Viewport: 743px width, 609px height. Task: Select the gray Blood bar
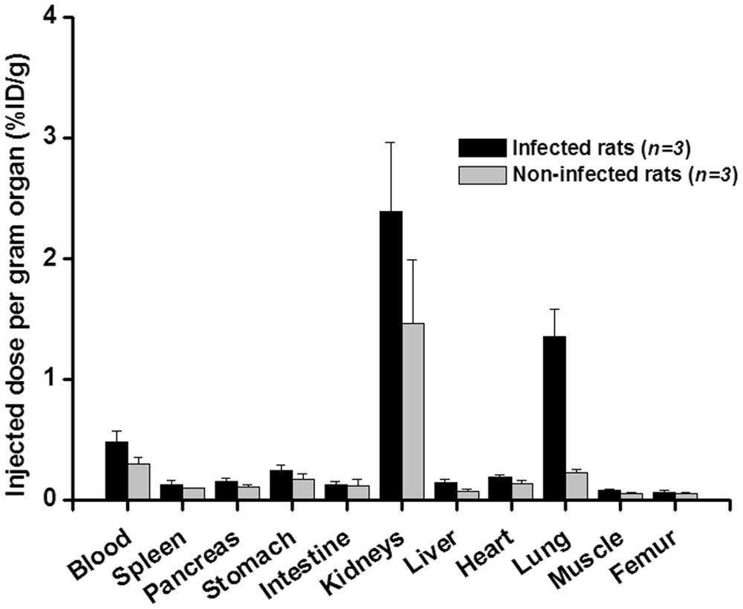[x=138, y=481]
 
